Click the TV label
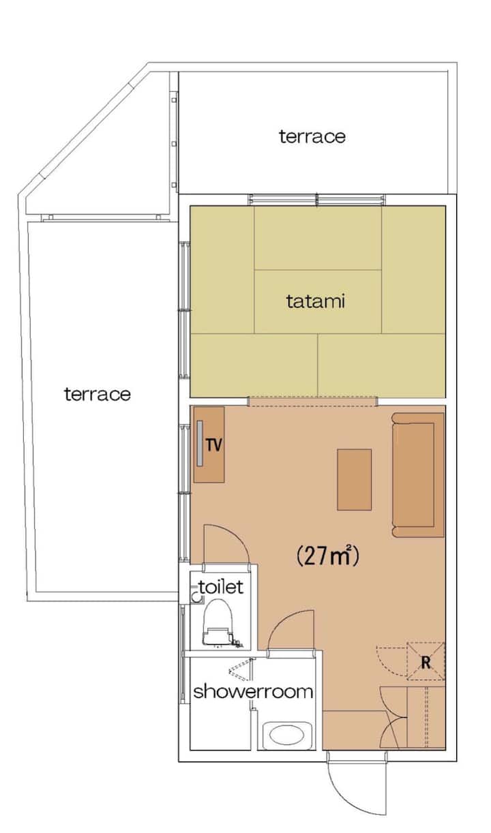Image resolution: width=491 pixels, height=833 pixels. (x=214, y=444)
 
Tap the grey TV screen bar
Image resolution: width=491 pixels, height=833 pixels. (x=200, y=443)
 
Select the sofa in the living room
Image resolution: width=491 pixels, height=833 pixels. (x=418, y=475)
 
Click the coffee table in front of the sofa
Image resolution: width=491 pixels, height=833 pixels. (x=354, y=480)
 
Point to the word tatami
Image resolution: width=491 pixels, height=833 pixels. (x=316, y=301)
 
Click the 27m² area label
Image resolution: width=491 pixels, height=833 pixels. (x=327, y=556)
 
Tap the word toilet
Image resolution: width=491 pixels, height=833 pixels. (x=221, y=587)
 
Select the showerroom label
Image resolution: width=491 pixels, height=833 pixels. (x=253, y=692)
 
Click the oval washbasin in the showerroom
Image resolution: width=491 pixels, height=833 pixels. (x=286, y=736)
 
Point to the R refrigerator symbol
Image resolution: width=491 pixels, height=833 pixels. (x=426, y=662)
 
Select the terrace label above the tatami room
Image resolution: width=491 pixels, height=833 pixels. (x=312, y=136)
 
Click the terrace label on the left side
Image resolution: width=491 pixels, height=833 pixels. (x=98, y=394)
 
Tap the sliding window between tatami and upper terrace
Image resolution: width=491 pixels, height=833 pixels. (x=316, y=199)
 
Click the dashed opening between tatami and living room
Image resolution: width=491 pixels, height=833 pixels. (x=312, y=402)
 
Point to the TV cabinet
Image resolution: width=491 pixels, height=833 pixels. (x=209, y=444)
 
